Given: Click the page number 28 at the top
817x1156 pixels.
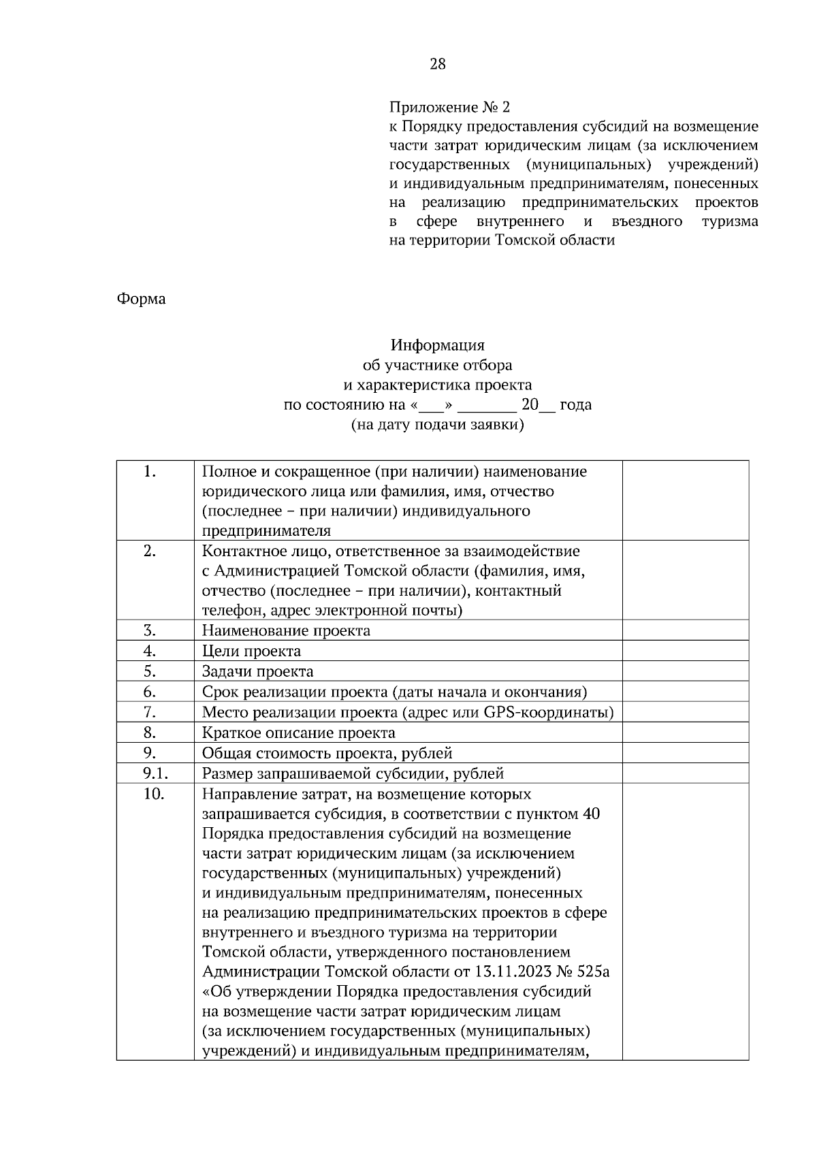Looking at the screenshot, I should point(438,64).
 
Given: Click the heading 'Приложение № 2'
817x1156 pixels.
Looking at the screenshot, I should point(449,107).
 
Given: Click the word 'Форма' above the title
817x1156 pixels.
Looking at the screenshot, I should point(141,299).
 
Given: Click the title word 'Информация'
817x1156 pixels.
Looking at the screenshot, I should point(437,345).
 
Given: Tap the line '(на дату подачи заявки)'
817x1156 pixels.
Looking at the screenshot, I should point(437,425).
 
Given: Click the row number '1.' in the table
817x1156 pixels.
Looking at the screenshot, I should point(150,472).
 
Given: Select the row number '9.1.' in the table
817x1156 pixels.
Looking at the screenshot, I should point(155,773).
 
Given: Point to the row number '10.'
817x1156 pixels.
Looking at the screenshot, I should point(154,794).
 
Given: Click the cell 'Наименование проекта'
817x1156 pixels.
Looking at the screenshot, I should point(286,630).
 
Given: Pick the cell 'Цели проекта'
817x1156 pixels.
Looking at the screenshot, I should point(251,651).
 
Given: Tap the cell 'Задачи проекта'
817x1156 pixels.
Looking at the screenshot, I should point(257,671).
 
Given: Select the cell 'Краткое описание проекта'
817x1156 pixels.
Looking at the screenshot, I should point(298,733).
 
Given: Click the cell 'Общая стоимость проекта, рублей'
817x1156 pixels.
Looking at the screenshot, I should point(327,753).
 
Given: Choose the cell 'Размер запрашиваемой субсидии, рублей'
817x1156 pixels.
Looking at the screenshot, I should point(353,773).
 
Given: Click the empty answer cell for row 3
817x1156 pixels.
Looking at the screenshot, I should point(685,630).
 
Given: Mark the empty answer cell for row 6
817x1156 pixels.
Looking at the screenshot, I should point(685,692).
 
